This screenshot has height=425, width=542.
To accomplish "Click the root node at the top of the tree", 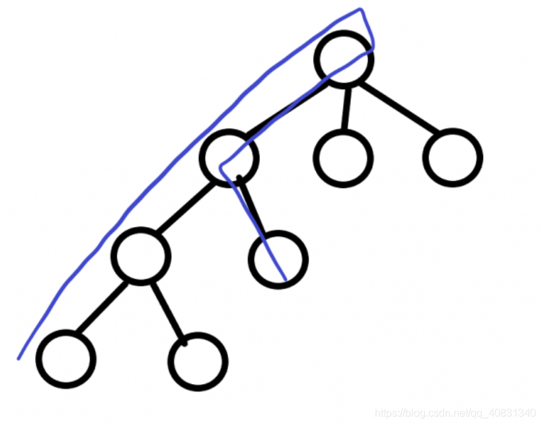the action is point(344,59).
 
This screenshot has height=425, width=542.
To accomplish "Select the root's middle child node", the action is point(344,158).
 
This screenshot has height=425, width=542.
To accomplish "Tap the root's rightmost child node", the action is point(453,158).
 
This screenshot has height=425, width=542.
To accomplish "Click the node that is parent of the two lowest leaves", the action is point(141,256).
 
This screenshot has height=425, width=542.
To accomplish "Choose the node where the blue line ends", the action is point(278,259).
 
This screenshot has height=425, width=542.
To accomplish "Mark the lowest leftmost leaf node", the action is point(66,359).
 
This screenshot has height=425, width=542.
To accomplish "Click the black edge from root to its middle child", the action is point(346,108).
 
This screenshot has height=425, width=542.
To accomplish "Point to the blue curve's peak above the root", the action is point(360,9).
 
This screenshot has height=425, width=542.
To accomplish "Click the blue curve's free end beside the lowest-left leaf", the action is point(19,358).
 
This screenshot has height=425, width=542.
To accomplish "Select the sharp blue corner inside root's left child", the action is point(221,168).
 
